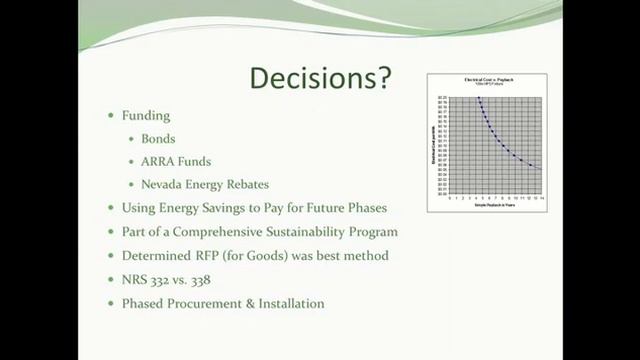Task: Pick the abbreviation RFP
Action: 222,256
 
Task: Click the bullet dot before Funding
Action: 112,117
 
